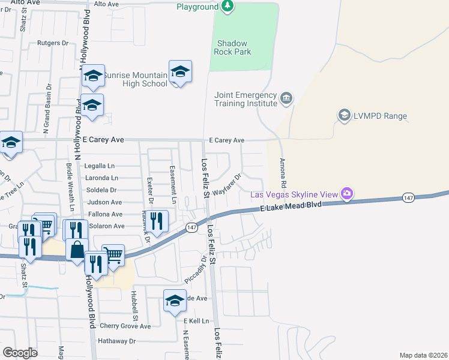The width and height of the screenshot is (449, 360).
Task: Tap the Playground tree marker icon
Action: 228,7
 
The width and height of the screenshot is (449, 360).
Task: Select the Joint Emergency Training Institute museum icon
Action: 286,98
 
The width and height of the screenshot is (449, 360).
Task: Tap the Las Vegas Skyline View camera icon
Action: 346,194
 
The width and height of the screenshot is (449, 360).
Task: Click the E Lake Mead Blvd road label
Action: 291,206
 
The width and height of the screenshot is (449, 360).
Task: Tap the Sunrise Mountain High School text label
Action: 135,79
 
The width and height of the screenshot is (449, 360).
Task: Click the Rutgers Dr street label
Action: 53,43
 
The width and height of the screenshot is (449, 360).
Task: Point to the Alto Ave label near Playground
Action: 107,4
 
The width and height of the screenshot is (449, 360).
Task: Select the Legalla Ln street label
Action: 100,166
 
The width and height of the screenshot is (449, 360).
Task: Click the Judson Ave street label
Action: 105,202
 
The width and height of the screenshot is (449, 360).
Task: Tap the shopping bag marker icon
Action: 77,250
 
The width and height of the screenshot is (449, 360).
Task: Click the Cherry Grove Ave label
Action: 125,326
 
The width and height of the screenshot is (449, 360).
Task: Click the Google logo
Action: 20,353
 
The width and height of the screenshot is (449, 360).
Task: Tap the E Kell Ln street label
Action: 196,321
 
